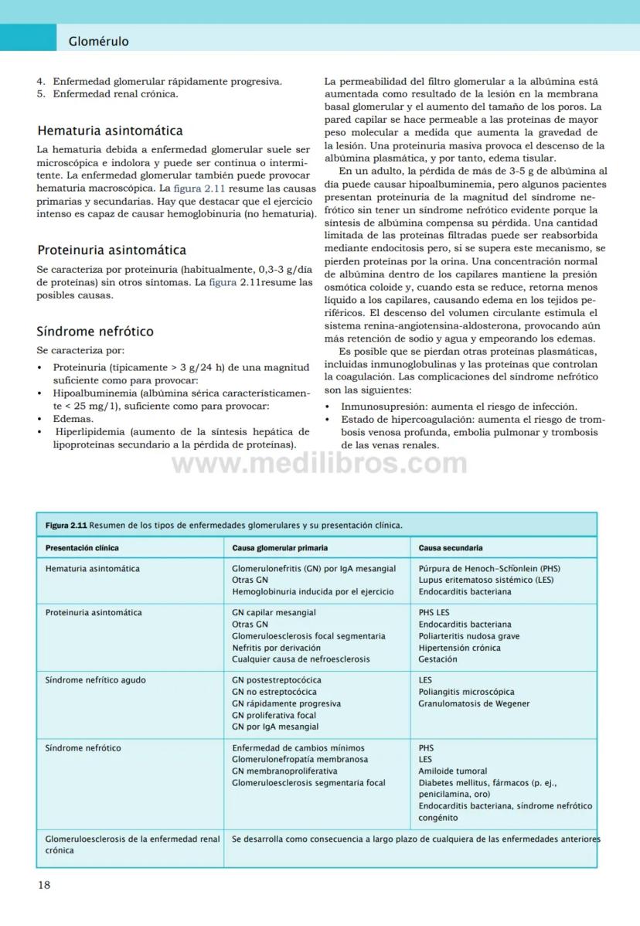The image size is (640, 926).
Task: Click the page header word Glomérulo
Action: coord(98,41)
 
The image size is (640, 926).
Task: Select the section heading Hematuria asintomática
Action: coord(110,131)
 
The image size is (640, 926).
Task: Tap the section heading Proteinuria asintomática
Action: coord(111,250)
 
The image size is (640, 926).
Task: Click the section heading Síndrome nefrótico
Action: coord(95,331)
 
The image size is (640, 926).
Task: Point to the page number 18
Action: coord(44,885)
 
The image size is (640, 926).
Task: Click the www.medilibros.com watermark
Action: coord(319,464)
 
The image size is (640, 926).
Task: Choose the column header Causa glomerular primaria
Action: coord(280,548)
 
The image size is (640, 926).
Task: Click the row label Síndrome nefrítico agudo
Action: coord(95,680)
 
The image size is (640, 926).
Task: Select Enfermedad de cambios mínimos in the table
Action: coord(298,747)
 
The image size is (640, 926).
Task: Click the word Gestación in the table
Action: coord(437,659)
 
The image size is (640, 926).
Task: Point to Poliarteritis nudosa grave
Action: coord(469,636)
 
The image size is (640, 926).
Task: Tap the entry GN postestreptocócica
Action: coord(277,680)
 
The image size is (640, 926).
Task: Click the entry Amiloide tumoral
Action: coord(453,771)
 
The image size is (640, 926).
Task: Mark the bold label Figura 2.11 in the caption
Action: coord(66,525)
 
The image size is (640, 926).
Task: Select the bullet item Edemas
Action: coord(73,418)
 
